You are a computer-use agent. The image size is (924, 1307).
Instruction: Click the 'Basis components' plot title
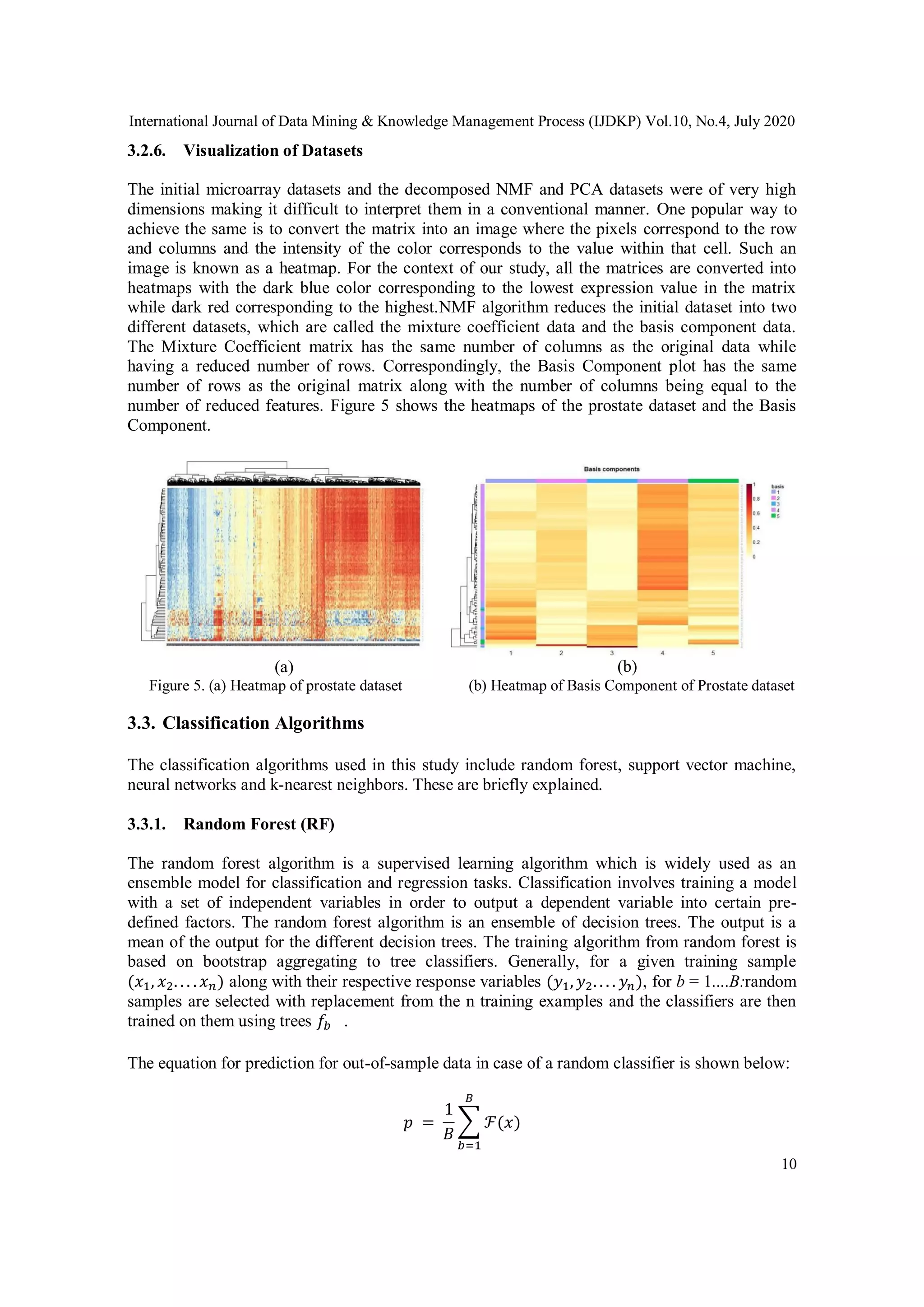pyautogui.click(x=612, y=469)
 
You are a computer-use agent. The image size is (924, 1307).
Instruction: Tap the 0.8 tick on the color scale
pyautogui.click(x=756, y=499)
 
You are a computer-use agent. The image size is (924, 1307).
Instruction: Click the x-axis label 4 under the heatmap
pyautogui.click(x=662, y=653)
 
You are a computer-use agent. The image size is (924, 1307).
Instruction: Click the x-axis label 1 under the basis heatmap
pyautogui.click(x=511, y=653)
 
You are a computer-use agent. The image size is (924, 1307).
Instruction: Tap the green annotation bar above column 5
pyautogui.click(x=713, y=481)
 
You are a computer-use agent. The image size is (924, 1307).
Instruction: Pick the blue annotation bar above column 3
pyautogui.click(x=612, y=481)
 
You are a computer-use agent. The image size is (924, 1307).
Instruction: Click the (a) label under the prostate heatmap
pyautogui.click(x=283, y=667)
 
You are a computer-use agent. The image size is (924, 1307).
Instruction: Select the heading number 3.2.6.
pyautogui.click(x=146, y=151)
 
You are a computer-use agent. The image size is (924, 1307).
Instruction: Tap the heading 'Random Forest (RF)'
pyautogui.click(x=259, y=824)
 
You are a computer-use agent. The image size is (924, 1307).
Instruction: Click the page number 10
pyautogui.click(x=789, y=1164)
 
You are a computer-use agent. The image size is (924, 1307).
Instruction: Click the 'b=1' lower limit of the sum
pyautogui.click(x=469, y=1145)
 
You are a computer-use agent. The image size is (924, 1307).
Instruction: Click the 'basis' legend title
pyautogui.click(x=777, y=487)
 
